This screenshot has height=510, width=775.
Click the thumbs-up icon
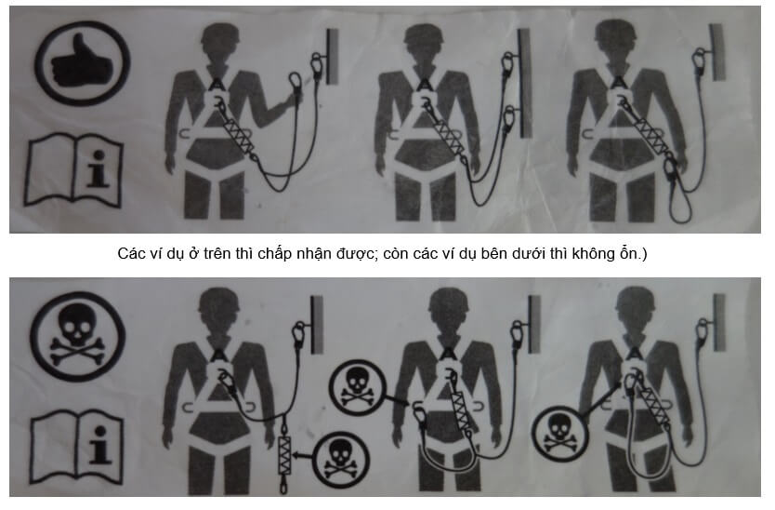(x=81, y=64)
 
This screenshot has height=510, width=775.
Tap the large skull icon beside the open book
(x=77, y=336)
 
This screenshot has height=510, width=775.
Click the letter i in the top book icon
(x=98, y=168)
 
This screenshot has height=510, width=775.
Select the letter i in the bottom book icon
(x=99, y=445)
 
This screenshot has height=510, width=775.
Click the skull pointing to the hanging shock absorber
(x=341, y=460)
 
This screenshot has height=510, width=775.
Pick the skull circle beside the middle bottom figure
(x=357, y=386)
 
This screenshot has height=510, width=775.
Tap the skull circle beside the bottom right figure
(x=559, y=434)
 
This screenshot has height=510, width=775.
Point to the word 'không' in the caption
(x=591, y=253)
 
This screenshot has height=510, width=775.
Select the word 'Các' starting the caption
(x=130, y=253)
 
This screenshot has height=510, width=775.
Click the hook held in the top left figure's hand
(x=296, y=86)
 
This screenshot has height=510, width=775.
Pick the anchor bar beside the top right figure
(x=717, y=52)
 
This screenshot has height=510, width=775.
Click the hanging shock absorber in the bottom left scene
(x=284, y=455)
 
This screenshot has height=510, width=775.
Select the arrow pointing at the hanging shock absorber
(x=303, y=454)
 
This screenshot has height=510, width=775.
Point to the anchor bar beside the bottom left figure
(x=316, y=324)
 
